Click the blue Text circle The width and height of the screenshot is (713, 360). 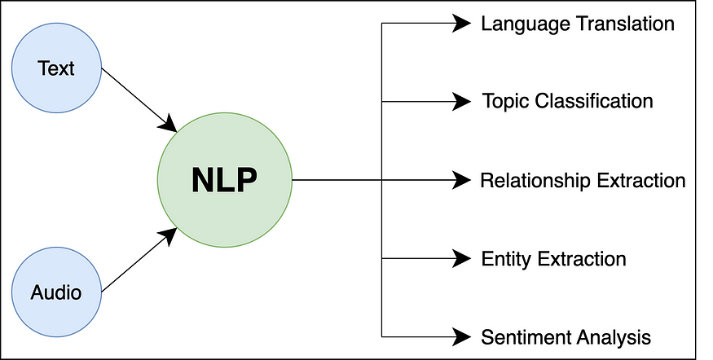point(55,68)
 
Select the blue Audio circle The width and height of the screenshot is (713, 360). point(55,291)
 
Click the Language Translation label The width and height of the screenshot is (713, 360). point(577,24)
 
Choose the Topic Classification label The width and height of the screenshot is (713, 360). point(567,102)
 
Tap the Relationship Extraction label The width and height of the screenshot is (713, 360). point(583,180)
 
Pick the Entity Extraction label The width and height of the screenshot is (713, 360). point(553,259)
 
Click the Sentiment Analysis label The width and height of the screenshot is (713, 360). point(566,336)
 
